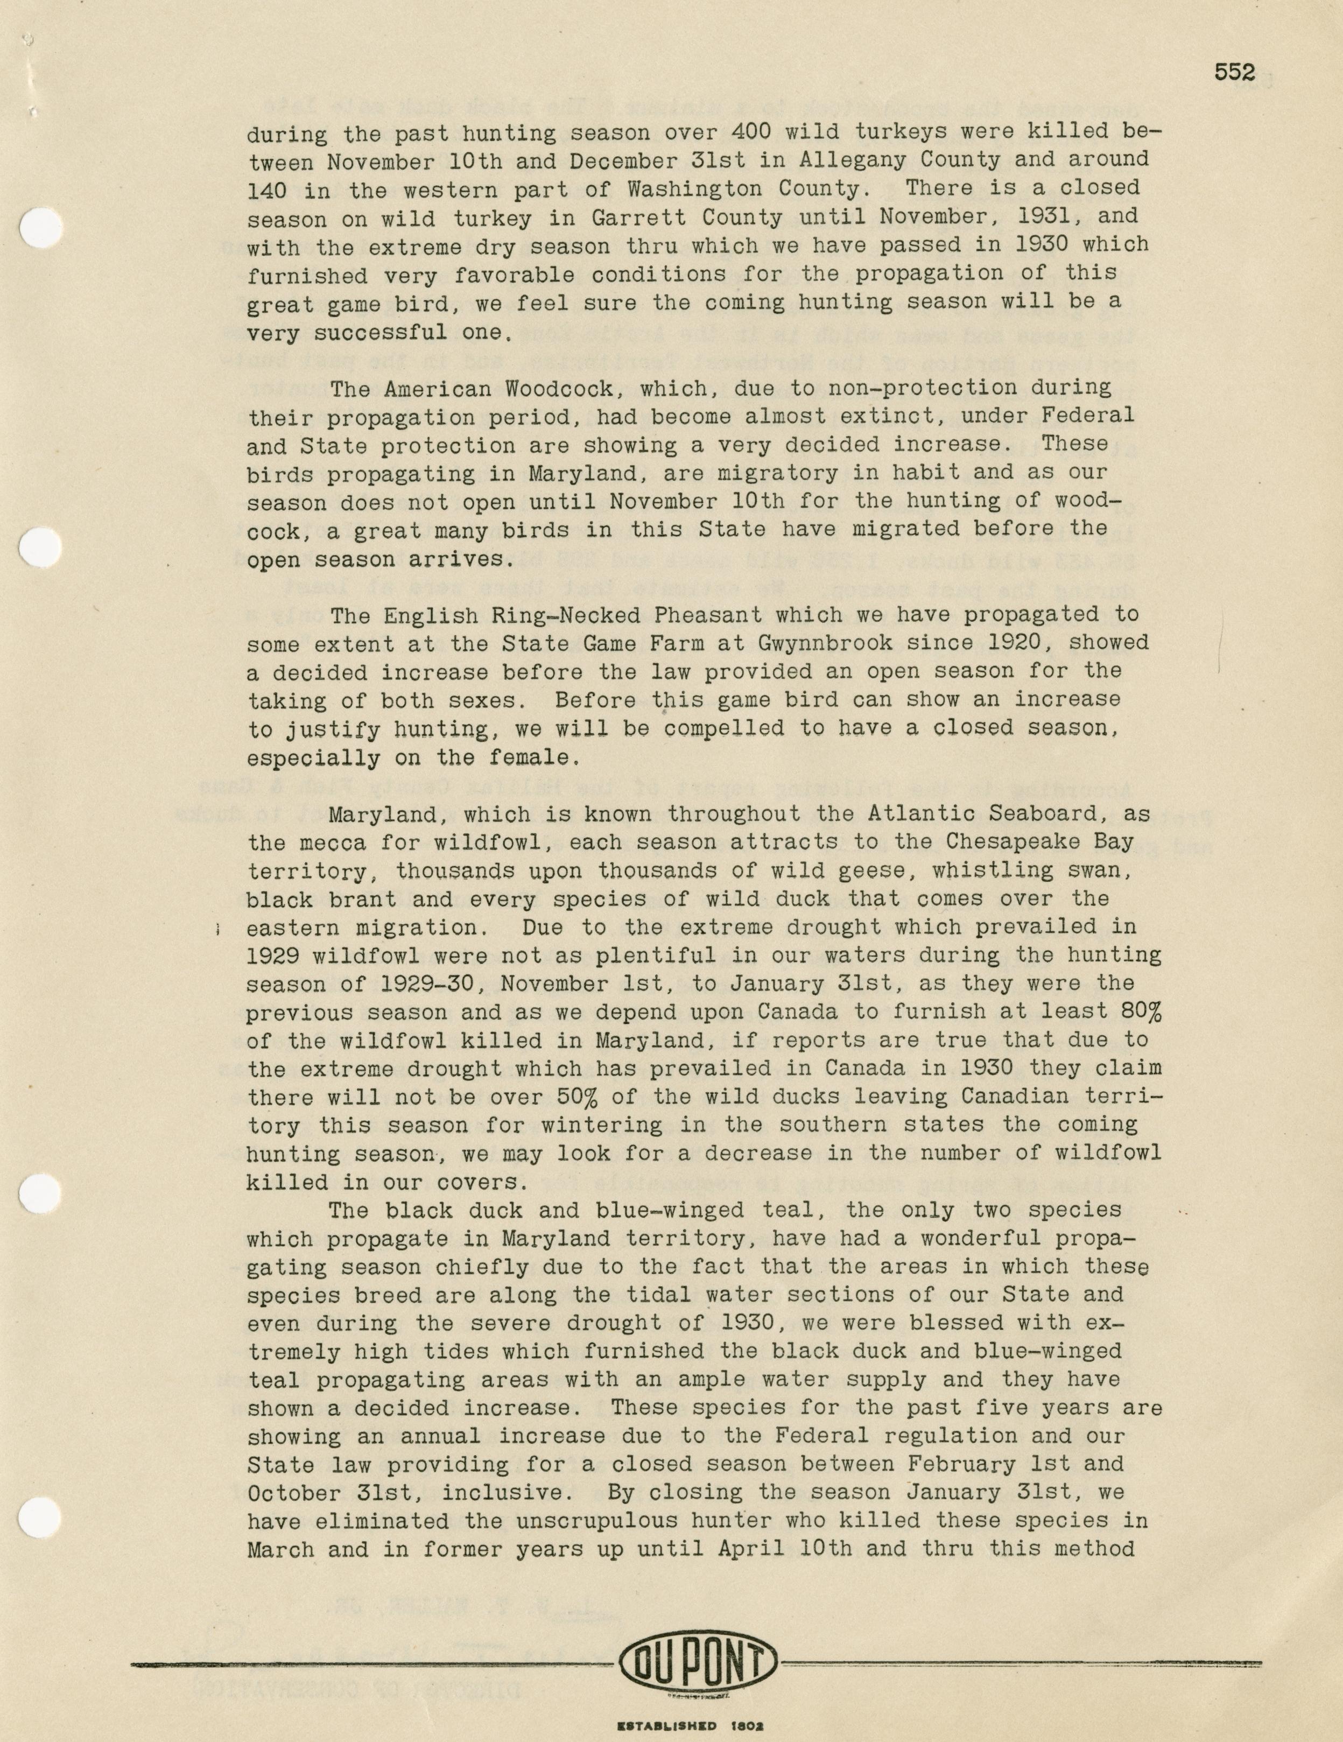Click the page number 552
coord(1235,73)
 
